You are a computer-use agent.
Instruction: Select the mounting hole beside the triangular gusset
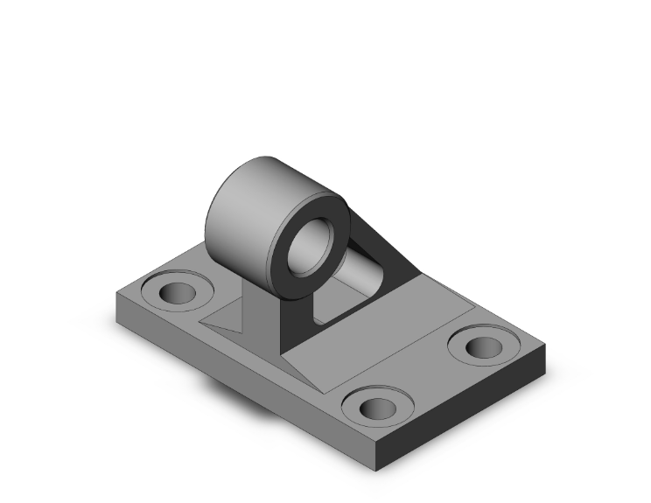178,291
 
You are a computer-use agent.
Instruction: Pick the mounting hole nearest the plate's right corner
483,346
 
